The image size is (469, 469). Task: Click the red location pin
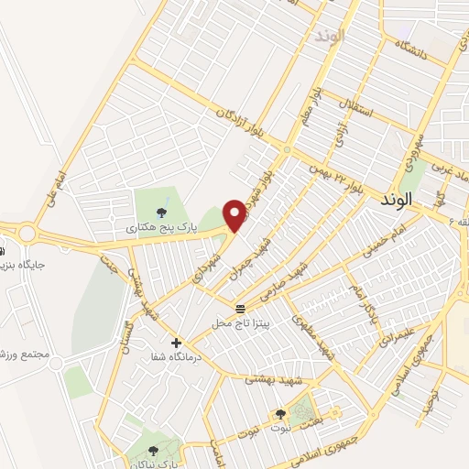[237, 214]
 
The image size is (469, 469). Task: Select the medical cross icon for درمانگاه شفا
[176, 343]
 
